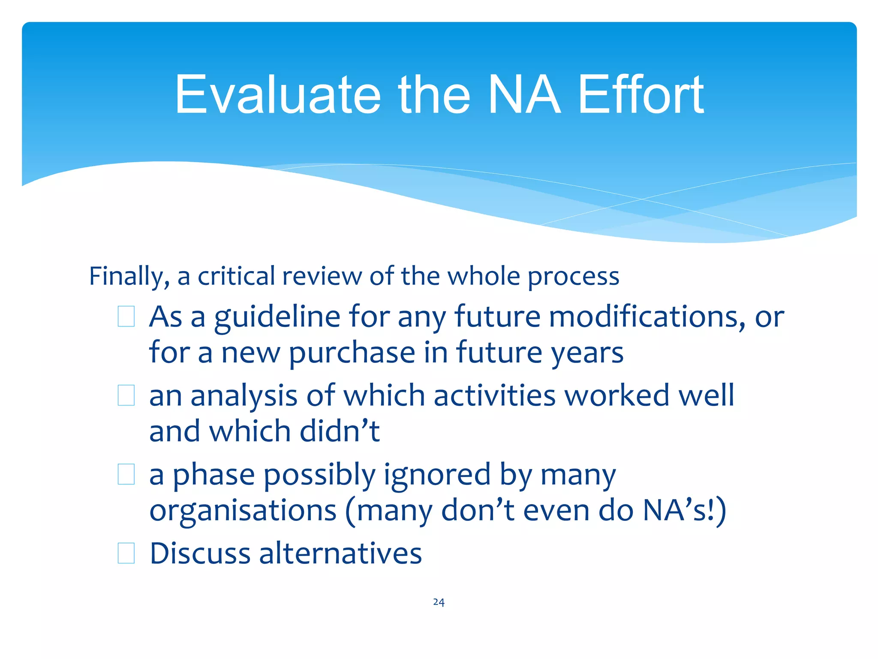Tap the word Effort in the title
click(640, 95)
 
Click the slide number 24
click(439, 602)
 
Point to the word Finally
click(129, 276)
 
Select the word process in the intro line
click(573, 276)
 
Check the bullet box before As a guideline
click(126, 317)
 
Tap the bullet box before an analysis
click(126, 395)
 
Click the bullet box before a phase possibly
click(126, 474)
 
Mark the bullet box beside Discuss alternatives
click(126, 553)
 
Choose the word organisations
click(243, 511)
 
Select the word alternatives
click(340, 553)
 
